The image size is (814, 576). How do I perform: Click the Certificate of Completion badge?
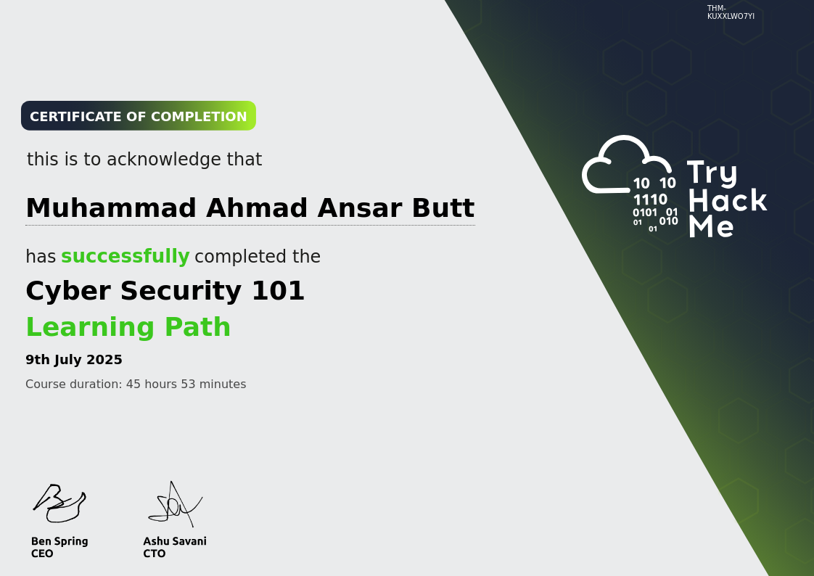(139, 116)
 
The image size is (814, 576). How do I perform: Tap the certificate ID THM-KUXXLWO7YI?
(730, 12)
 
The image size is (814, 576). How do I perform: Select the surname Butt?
(443, 208)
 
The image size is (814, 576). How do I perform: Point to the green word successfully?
(125, 257)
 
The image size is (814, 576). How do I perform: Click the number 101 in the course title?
(278, 291)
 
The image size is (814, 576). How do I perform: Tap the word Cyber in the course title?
(67, 291)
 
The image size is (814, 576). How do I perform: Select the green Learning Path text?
(128, 327)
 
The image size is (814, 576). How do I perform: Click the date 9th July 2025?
(74, 360)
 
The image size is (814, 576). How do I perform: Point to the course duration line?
(136, 384)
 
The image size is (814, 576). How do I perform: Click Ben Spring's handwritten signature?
(59, 503)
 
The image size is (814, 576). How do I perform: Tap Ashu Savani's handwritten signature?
(175, 503)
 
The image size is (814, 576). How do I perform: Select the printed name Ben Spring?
(59, 541)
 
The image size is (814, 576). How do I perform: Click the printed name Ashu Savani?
(175, 541)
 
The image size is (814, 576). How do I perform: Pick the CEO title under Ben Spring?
(42, 554)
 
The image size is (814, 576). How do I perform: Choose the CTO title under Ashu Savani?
(155, 554)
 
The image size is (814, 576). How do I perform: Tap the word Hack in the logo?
(727, 200)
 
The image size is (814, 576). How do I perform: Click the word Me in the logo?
(711, 226)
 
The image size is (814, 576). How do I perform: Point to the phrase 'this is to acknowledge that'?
(144, 160)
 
